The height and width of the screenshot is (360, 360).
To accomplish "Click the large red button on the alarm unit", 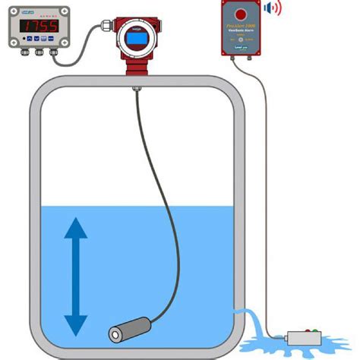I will [241, 15].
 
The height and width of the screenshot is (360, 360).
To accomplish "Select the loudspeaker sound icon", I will [272, 10].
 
